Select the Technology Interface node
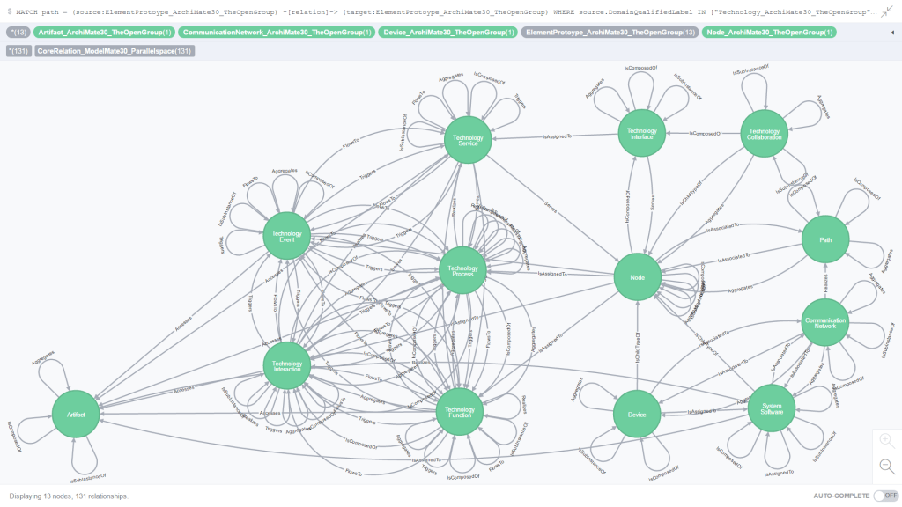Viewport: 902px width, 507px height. click(x=642, y=134)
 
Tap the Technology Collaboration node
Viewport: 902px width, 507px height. click(x=764, y=134)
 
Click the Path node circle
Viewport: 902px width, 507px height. click(x=824, y=239)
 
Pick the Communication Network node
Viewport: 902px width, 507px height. click(x=825, y=322)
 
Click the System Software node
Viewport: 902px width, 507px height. click(x=772, y=407)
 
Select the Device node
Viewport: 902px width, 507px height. click(x=638, y=414)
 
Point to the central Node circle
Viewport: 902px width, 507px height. click(x=638, y=276)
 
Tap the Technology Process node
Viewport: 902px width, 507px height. click(x=462, y=270)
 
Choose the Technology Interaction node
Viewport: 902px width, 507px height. click(x=287, y=367)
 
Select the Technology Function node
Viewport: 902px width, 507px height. click(x=460, y=412)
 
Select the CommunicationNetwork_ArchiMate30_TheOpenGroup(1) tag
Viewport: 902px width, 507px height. click(x=277, y=33)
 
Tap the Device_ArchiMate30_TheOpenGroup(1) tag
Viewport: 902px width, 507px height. click(x=448, y=33)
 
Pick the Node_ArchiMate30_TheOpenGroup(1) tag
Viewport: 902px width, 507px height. click(x=770, y=33)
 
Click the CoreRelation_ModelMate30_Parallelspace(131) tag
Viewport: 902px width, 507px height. click(x=115, y=51)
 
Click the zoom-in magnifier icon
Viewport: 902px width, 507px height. click(x=886, y=439)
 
